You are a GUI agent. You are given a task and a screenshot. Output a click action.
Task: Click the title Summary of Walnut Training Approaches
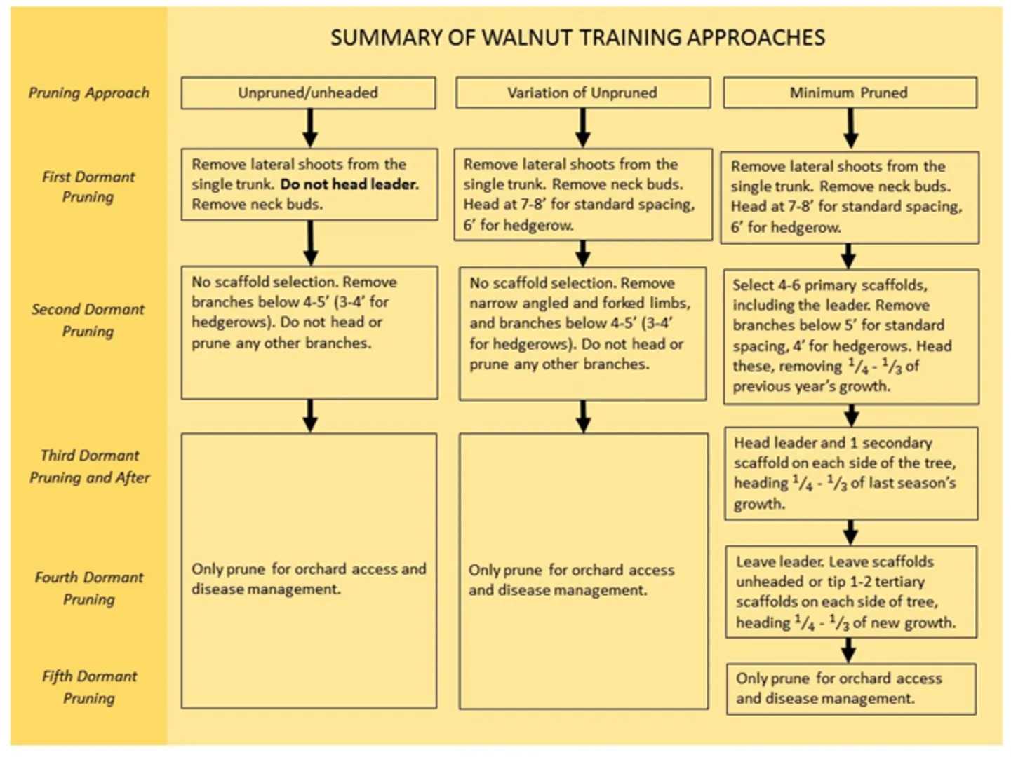(x=577, y=38)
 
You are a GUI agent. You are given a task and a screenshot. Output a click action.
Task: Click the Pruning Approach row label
(x=89, y=93)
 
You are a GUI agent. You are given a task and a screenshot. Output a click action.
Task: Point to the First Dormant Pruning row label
(x=88, y=187)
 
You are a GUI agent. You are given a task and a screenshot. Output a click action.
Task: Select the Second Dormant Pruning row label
(x=88, y=320)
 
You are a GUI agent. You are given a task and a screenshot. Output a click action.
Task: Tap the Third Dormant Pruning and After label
(x=89, y=466)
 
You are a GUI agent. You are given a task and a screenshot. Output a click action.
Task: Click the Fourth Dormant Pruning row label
(x=89, y=588)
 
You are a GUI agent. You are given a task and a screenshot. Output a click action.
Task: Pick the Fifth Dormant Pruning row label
(x=89, y=687)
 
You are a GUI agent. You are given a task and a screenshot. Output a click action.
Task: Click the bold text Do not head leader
(x=349, y=184)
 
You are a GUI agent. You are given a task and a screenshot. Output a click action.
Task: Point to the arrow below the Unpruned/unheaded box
(x=310, y=128)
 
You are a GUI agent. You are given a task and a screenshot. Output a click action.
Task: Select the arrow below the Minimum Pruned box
(x=850, y=128)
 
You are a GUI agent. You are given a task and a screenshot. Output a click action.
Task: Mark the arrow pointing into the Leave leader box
(x=851, y=533)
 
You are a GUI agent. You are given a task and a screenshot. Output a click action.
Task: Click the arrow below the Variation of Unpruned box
(x=583, y=128)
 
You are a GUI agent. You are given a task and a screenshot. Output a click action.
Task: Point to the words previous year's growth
(x=811, y=386)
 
